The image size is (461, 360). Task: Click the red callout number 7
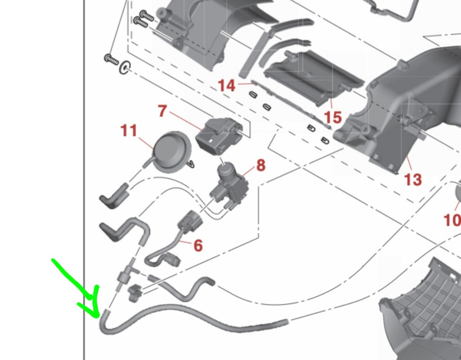click(163, 111)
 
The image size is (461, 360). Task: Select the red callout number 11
click(129, 130)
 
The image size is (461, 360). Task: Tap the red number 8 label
click(261, 166)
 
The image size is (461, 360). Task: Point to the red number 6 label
click(198, 245)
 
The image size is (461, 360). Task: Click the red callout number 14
click(227, 86)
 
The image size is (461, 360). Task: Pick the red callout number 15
click(333, 117)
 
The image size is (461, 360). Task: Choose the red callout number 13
click(413, 179)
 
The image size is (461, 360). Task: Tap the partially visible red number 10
click(452, 220)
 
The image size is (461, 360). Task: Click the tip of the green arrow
click(98, 317)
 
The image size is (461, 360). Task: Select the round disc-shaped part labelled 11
click(172, 152)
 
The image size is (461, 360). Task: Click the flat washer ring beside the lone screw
click(125, 68)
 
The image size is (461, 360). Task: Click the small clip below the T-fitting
click(135, 292)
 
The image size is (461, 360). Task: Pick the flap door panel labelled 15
click(314, 77)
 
